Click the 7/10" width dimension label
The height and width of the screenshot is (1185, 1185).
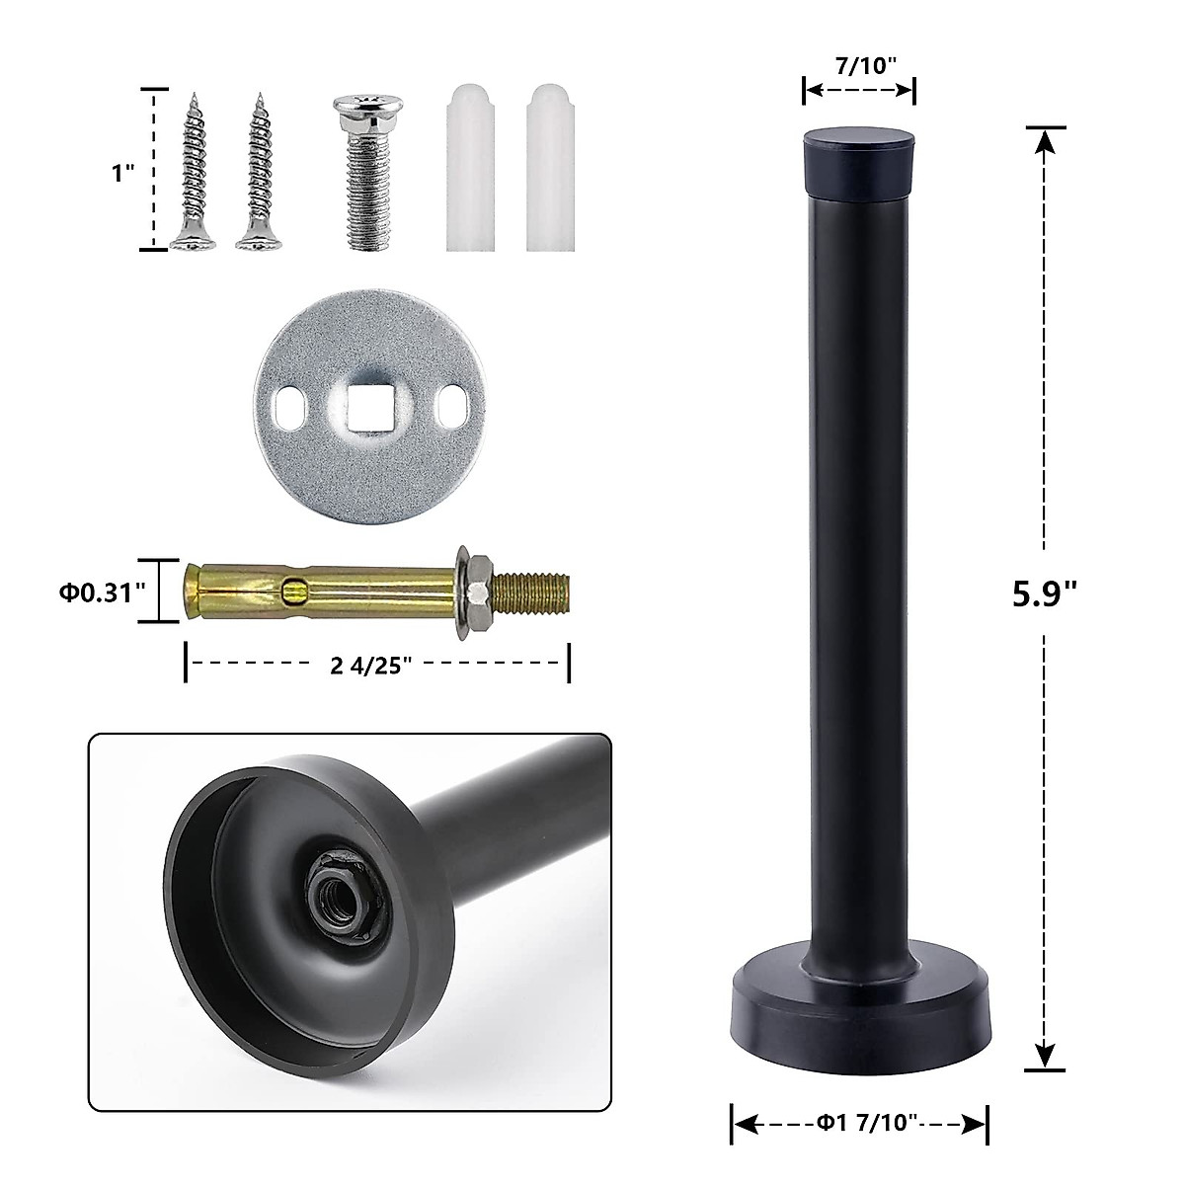pos(865,66)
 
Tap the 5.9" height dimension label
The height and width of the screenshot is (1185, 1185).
pos(1044,594)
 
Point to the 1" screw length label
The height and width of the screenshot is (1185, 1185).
pos(122,173)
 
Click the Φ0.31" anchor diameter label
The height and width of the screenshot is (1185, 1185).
pos(102,592)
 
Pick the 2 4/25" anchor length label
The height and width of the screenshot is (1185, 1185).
pos(370,666)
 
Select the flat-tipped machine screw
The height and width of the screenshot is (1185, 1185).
pos(368,173)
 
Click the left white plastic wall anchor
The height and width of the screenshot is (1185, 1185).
pos(470,168)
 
